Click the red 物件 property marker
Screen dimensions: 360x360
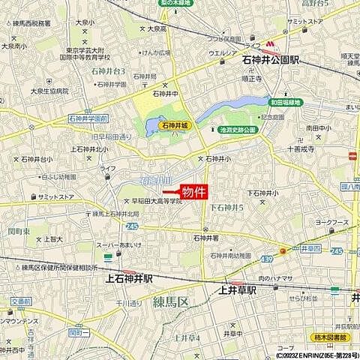click(193, 192)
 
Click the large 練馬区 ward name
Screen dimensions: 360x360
click(174, 302)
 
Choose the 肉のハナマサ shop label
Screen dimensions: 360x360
click(284, 280)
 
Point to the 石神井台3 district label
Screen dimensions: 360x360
click(106, 71)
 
